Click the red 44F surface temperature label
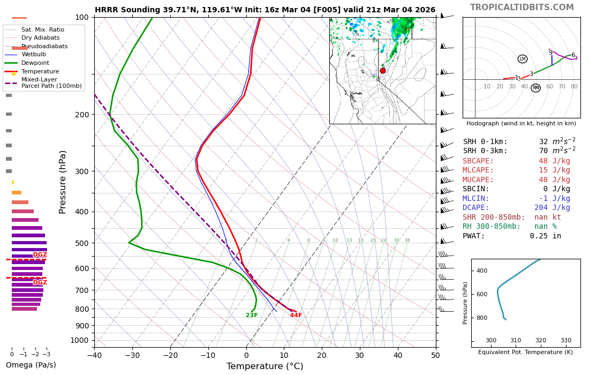click(x=296, y=316)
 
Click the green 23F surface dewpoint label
click(x=252, y=316)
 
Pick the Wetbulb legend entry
click(x=33, y=55)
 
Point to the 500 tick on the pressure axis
click(x=82, y=243)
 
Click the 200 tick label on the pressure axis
click(x=82, y=115)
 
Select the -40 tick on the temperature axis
click(x=94, y=355)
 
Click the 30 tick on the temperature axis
click(x=360, y=355)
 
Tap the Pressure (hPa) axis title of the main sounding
click(x=63, y=182)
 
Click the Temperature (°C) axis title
click(x=265, y=366)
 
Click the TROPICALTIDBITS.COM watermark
click(x=522, y=7)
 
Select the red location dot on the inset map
click(x=382, y=71)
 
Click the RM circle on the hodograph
click(x=535, y=88)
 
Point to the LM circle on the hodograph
click(x=523, y=59)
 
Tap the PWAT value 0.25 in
click(x=546, y=236)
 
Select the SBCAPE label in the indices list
click(x=478, y=161)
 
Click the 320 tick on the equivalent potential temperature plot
click(x=541, y=341)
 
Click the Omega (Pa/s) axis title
click(x=31, y=365)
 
